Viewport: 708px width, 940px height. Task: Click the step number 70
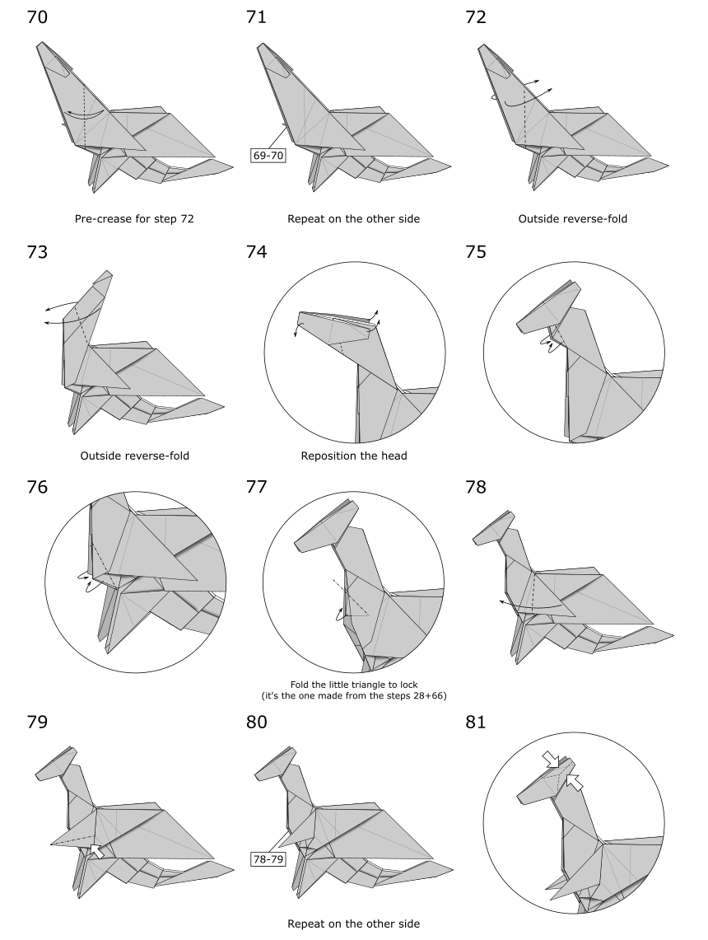37,16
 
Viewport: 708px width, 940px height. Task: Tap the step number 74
256,252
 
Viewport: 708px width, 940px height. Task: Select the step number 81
476,722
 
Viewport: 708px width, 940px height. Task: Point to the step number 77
256,487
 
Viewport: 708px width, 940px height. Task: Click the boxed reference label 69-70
268,156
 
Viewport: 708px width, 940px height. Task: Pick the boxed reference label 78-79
268,859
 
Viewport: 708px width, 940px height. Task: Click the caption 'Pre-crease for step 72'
134,219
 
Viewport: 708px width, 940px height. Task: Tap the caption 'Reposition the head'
354,456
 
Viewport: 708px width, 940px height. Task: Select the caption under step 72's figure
573,219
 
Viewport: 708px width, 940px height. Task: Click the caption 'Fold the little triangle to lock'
354,685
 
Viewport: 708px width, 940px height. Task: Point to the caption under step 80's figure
353,924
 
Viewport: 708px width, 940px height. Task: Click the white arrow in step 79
95,851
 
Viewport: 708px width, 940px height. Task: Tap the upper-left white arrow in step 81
551,759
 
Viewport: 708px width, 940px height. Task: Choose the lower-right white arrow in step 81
575,782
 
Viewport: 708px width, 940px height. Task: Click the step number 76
37,487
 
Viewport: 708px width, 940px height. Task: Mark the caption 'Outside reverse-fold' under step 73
135,456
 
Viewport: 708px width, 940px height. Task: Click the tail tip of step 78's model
673,635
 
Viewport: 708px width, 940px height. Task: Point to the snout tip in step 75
519,327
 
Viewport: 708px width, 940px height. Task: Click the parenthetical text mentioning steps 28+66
354,696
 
